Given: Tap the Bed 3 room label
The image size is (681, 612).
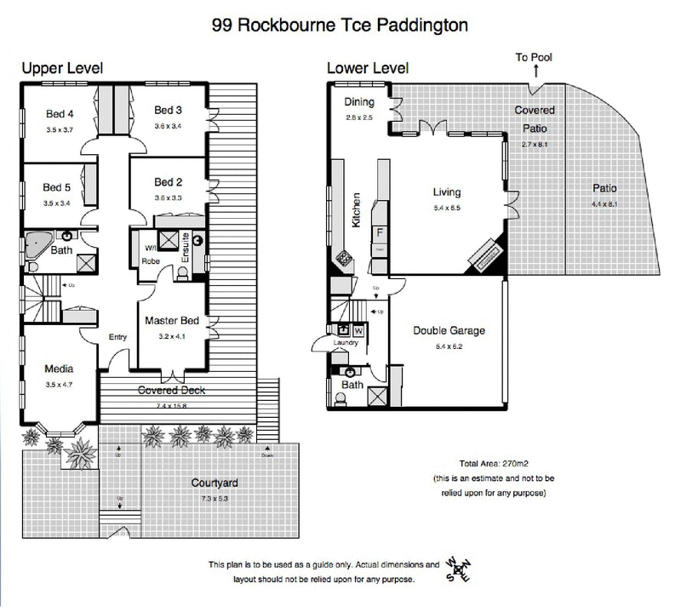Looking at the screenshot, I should (169, 111).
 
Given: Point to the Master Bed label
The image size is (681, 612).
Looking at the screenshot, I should (172, 321).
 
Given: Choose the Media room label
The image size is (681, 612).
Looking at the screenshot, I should (58, 369).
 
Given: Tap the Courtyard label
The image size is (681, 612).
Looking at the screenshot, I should (214, 483).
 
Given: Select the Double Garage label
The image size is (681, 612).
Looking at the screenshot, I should (449, 330).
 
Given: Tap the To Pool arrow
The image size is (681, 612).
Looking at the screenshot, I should (535, 70).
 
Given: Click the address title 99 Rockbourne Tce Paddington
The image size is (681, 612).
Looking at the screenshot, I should (340, 25).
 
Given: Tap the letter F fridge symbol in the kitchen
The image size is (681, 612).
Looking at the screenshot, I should (381, 232).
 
